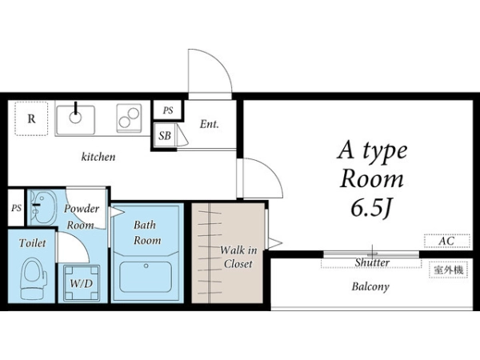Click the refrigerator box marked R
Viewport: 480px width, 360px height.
pos(31,118)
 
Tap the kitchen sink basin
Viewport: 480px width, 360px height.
pos(75,120)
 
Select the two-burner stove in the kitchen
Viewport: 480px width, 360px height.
pos(129,118)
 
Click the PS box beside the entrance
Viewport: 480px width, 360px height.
pos(168,110)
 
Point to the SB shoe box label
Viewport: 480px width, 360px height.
pos(165,135)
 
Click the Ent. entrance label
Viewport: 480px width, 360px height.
pos(210,124)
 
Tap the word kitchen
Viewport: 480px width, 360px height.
pos(98,157)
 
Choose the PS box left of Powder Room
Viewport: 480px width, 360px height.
pos(16,208)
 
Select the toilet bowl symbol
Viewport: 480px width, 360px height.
pos(33,278)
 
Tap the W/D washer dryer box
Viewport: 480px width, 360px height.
pos(82,283)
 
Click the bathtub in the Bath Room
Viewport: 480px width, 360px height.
pos(146,277)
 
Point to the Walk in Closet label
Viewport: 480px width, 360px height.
pos(238,257)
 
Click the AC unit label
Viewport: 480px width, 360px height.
pos(446,241)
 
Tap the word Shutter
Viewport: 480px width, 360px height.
pos(372,262)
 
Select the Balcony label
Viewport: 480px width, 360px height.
pos(370,287)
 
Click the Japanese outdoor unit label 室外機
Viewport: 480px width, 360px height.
pos(449,270)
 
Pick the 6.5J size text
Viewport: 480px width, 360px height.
pos(371,209)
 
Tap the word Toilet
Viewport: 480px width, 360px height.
pos(32,243)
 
